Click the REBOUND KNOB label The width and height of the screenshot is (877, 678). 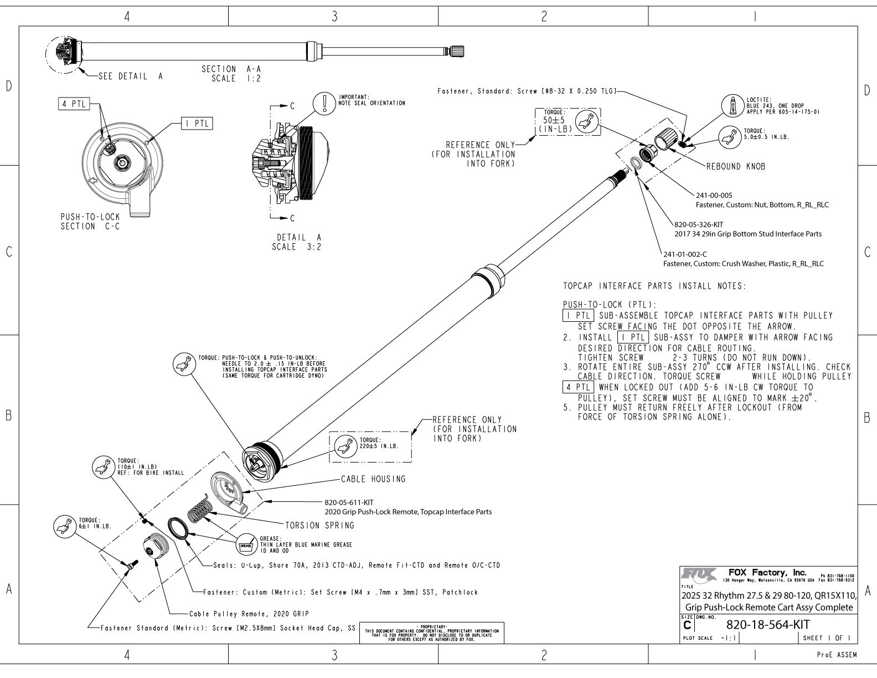pyautogui.click(x=736, y=166)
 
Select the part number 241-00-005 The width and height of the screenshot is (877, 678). pyautogui.click(x=714, y=196)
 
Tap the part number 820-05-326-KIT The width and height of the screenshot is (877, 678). pyautogui.click(x=699, y=225)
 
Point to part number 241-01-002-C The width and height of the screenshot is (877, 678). pyautogui.click(x=685, y=254)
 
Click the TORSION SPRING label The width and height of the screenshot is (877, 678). pyautogui.click(x=319, y=525)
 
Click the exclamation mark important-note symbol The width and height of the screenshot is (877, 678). pyautogui.click(x=322, y=103)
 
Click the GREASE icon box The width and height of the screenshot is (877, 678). pyautogui.click(x=245, y=545)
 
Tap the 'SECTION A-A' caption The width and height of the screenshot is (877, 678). pyautogui.click(x=231, y=69)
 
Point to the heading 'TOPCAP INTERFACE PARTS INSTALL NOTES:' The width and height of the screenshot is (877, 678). pyautogui.click(x=654, y=286)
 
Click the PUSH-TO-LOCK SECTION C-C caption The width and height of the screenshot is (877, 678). pyautogui.click(x=90, y=222)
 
